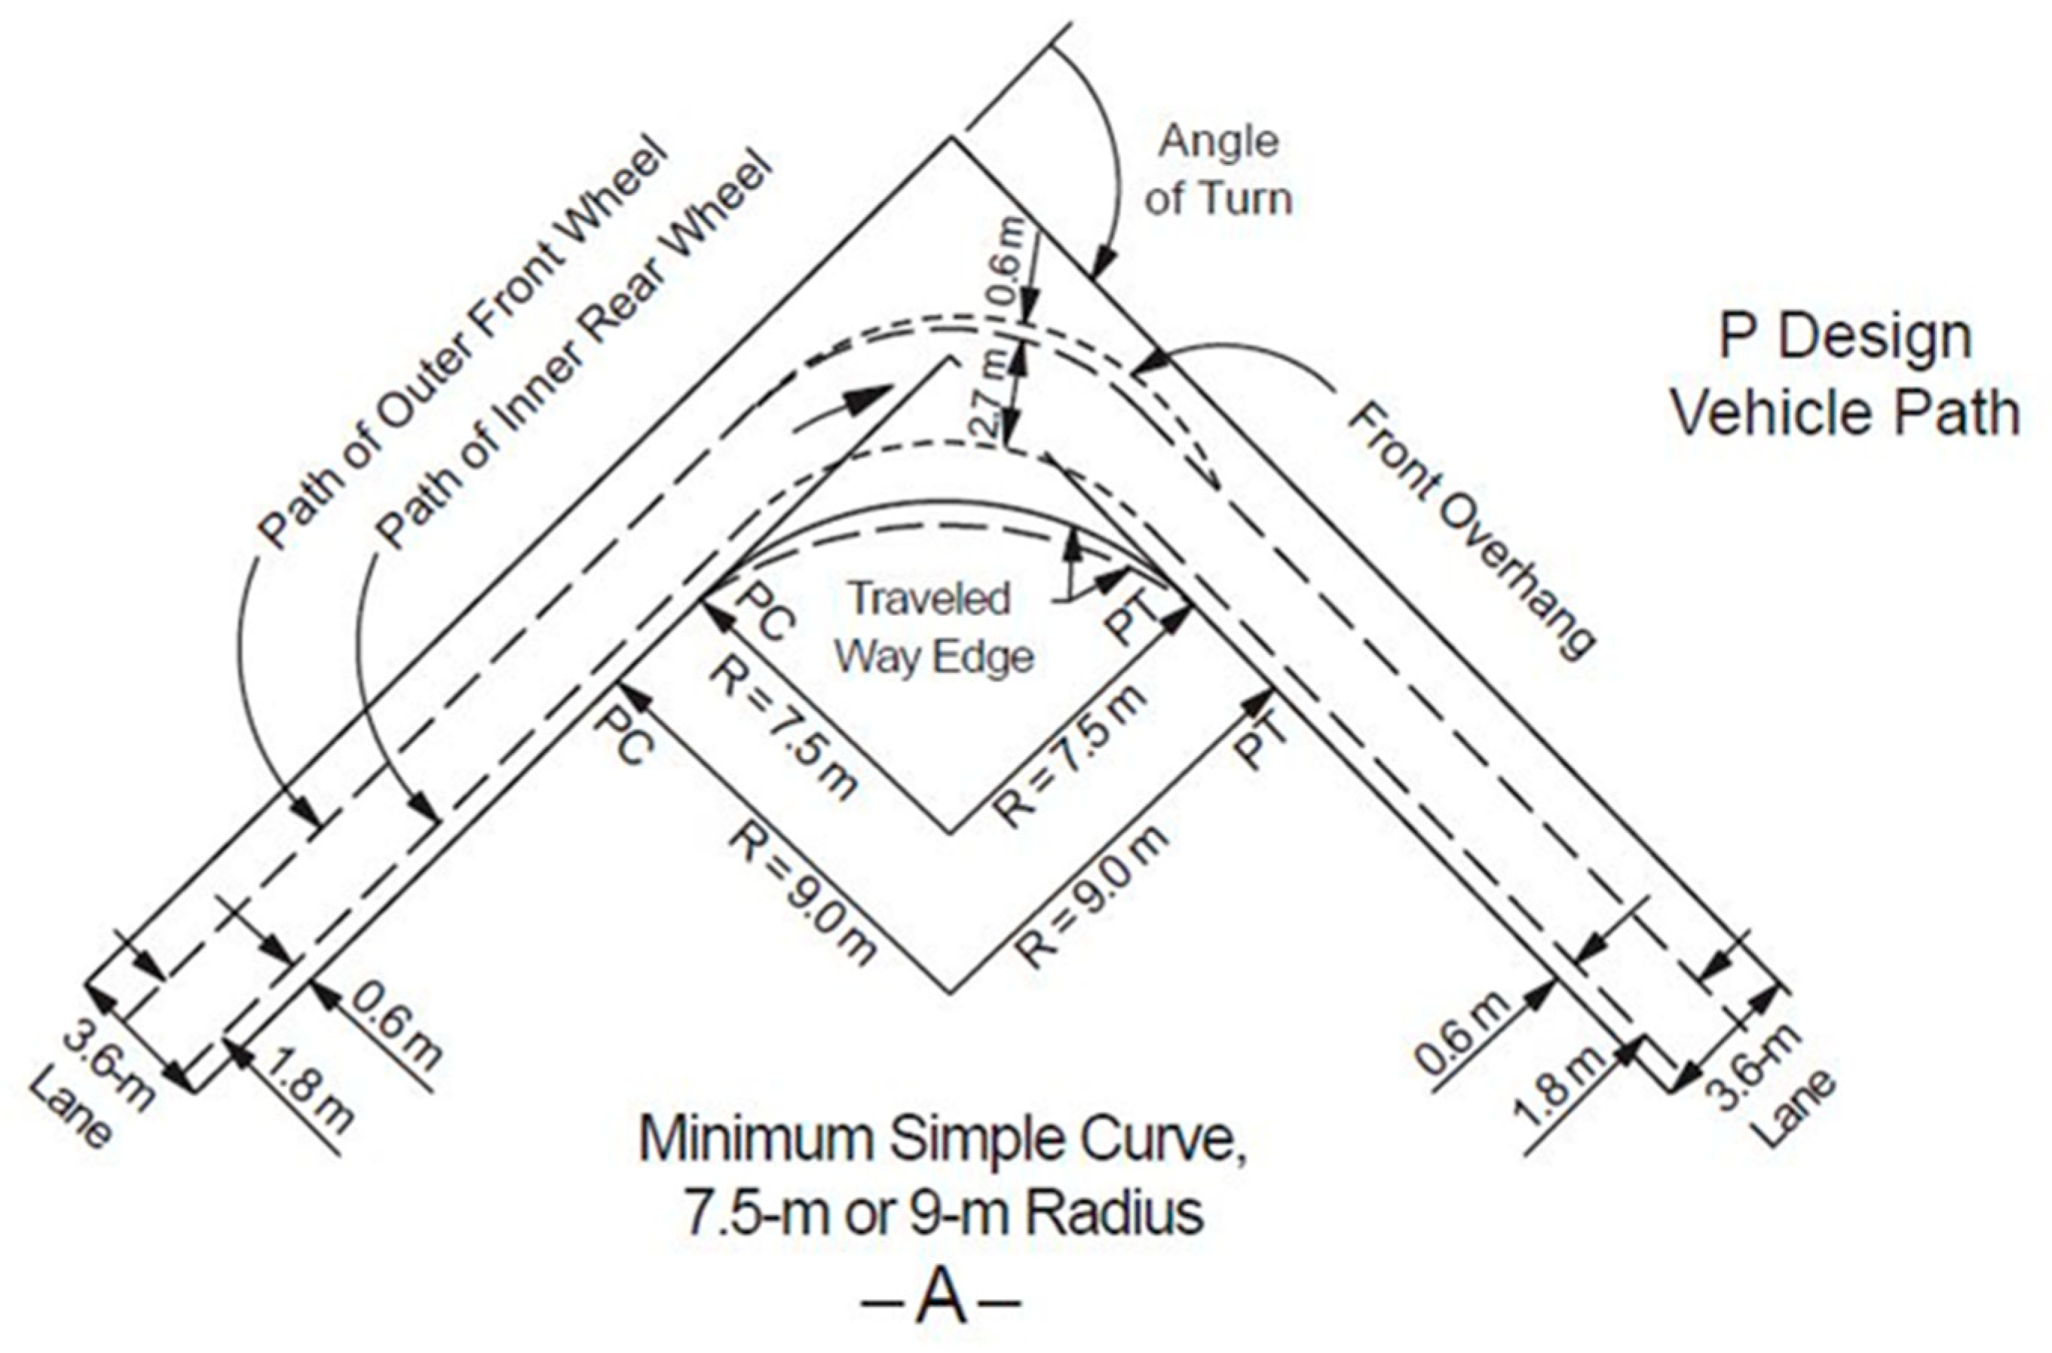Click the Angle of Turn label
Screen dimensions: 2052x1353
coord(1218,170)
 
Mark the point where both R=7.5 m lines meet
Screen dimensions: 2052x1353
coord(951,834)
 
